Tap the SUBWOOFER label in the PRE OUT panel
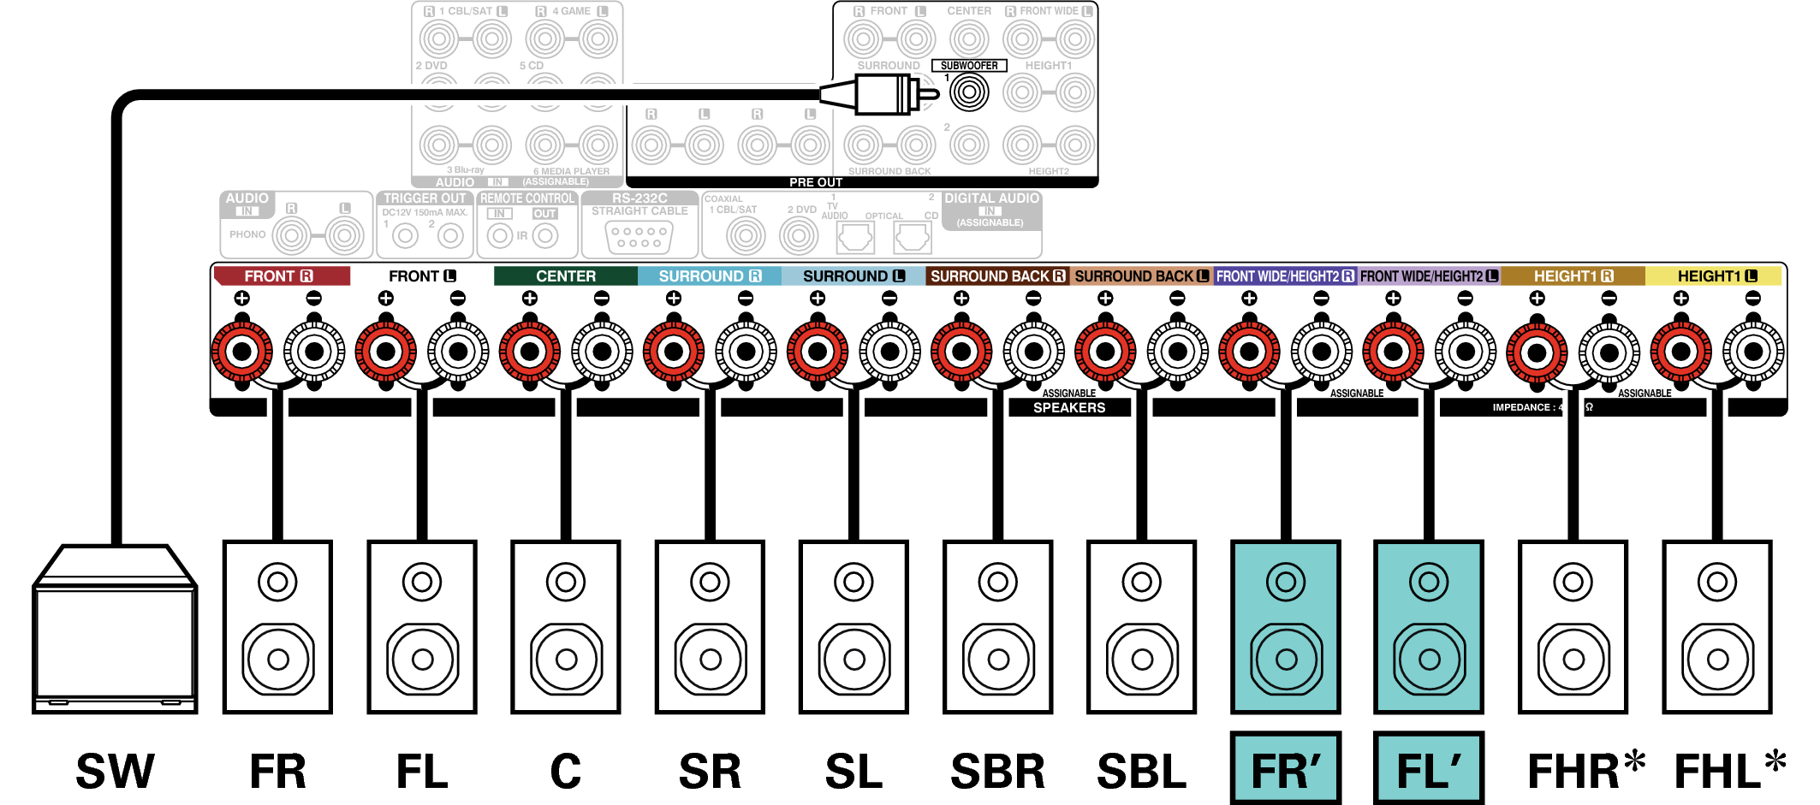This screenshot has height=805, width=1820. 969,66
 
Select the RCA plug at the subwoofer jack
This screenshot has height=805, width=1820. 882,93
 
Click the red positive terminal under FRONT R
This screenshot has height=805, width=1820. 242,351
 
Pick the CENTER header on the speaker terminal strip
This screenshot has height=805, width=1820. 565,276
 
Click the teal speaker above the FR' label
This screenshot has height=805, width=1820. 1285,626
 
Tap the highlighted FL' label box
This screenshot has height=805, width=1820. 1429,768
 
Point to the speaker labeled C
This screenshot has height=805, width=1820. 565,626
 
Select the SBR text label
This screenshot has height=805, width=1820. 997,771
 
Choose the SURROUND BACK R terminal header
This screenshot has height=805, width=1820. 997,276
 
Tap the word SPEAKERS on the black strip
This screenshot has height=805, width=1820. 1069,408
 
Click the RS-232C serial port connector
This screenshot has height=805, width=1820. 639,237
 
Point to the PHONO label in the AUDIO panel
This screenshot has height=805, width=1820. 247,234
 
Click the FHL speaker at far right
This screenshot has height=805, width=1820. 1716,626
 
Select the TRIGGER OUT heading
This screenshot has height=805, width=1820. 425,198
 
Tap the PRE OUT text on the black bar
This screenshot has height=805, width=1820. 816,182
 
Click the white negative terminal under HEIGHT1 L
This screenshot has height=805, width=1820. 1753,351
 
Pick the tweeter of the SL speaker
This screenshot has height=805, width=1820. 853,583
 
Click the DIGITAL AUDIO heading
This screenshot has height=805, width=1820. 991,198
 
